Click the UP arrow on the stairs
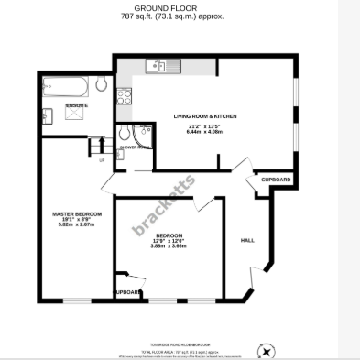tap(101, 159)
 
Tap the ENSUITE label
tap(77, 106)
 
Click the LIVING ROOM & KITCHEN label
tap(207, 115)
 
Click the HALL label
tap(246, 240)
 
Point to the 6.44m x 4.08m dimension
tap(207, 131)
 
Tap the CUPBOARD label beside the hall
tap(276, 179)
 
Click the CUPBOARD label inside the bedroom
tap(127, 292)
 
